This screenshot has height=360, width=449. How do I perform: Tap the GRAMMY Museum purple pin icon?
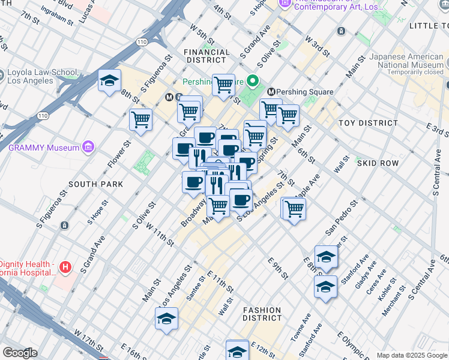[x=88, y=147]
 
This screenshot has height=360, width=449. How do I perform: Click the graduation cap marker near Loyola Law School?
[x=109, y=81]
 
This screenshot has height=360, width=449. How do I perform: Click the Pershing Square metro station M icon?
[x=271, y=92]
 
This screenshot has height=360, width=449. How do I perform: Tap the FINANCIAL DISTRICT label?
[x=208, y=56]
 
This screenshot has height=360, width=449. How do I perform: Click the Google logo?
[x=19, y=353]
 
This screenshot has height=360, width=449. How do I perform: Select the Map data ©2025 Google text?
[x=412, y=355]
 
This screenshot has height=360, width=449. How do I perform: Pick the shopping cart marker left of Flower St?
[x=140, y=119]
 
